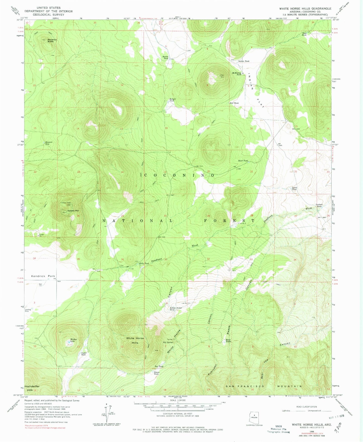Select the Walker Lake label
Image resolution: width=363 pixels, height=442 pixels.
click(x=73, y=340)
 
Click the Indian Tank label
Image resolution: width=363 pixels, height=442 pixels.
click(x=244, y=61)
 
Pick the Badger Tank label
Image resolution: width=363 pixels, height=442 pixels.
click(x=172, y=100)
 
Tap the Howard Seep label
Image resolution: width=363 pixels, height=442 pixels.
click(x=49, y=143)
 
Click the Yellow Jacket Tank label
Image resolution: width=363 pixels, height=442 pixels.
click(x=176, y=309)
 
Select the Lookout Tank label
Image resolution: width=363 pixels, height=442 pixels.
click(x=319, y=205)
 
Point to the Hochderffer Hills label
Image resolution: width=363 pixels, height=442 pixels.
click(x=32, y=388)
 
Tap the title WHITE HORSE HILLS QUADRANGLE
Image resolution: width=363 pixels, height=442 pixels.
click(x=305, y=9)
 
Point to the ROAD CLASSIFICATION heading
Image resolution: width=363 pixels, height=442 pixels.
click(x=306, y=407)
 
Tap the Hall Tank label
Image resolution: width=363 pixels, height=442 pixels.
click(x=234, y=103)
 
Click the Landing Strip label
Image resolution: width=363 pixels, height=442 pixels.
click(x=28, y=310)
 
